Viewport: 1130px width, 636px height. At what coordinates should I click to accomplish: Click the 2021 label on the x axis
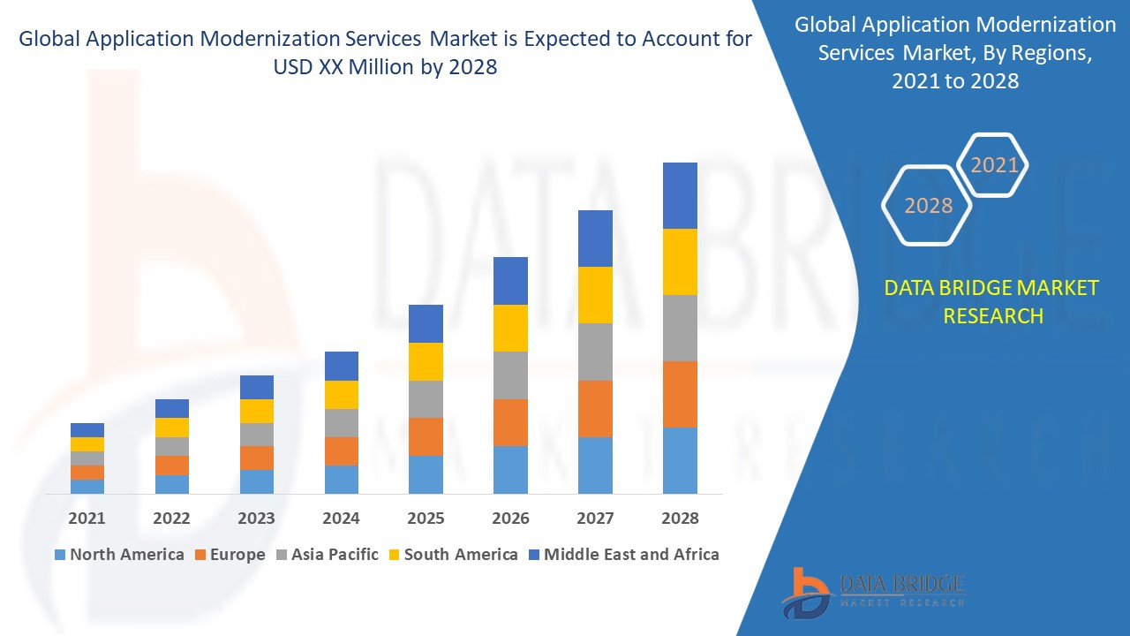tap(87, 519)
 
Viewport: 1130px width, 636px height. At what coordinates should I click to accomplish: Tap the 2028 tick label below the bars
tap(680, 519)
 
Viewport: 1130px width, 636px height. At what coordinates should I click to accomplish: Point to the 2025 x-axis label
tap(426, 519)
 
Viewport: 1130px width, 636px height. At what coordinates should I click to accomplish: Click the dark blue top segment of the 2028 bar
tap(680, 195)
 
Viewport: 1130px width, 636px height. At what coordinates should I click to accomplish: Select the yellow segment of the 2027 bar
tap(595, 295)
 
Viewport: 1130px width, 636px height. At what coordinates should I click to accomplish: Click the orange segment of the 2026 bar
tap(510, 422)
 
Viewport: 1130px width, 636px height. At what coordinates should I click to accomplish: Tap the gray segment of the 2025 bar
tap(426, 399)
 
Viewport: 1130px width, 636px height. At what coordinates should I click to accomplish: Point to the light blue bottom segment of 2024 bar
tap(341, 479)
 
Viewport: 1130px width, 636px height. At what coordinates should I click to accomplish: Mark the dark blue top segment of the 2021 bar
tap(87, 430)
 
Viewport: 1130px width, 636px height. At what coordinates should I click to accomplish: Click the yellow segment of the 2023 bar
tap(257, 411)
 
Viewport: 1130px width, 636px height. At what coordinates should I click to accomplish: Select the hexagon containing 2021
tap(993, 165)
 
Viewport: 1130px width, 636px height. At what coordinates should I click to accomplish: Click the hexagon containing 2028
tap(928, 205)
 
